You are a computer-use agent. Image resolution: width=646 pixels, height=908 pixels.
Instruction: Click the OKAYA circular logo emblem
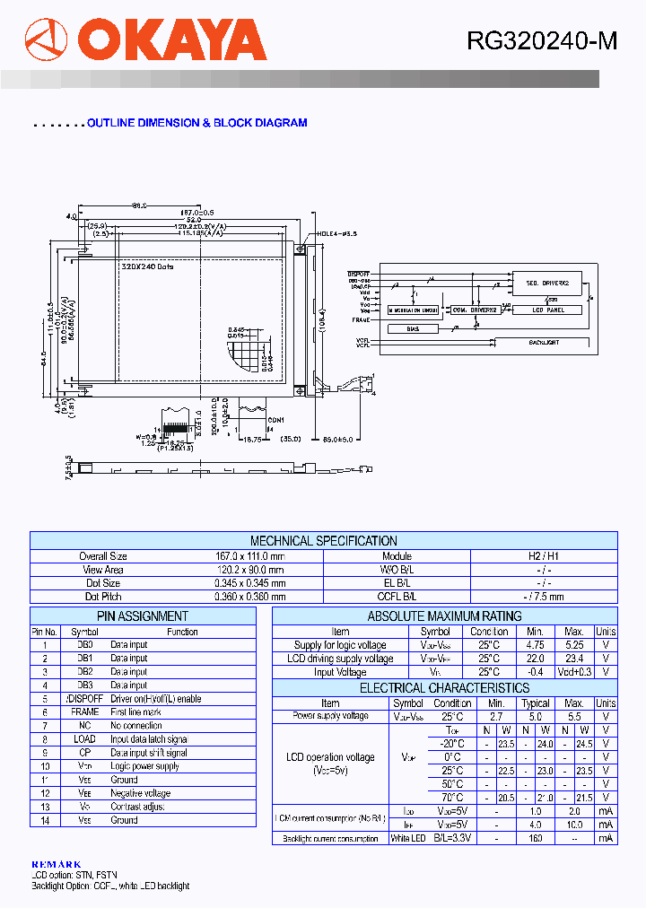46,40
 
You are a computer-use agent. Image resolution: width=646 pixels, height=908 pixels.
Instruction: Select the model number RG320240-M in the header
541,41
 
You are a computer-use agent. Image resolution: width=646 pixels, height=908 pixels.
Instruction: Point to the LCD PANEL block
546,310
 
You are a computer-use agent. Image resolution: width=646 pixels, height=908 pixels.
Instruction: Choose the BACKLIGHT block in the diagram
544,342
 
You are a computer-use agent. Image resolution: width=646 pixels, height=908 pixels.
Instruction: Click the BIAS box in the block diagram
413,328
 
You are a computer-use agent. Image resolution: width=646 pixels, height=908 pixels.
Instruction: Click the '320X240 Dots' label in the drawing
147,266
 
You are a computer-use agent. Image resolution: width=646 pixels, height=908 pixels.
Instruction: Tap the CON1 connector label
275,420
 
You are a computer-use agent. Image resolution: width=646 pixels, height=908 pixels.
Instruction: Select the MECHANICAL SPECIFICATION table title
323,541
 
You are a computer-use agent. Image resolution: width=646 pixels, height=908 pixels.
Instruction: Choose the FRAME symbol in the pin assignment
85,712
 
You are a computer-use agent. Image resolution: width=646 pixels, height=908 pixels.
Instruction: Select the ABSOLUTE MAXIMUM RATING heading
444,616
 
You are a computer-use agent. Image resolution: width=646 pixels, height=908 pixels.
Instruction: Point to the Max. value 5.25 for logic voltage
574,645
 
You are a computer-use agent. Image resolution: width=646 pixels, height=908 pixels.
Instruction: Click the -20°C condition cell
452,744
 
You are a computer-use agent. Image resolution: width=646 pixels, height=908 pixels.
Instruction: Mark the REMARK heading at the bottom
56,864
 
